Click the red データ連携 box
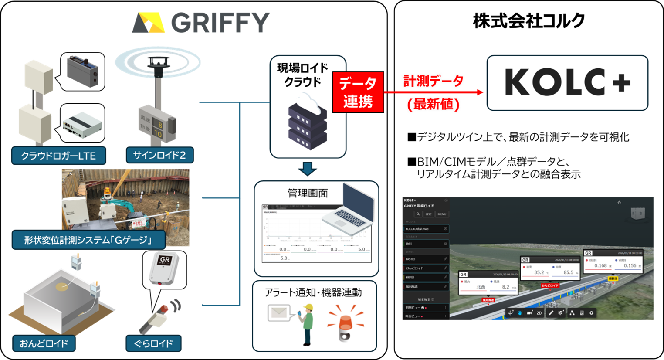(358, 92)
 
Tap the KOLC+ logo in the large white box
(567, 82)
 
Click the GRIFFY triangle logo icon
(149, 23)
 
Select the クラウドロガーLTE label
(58, 156)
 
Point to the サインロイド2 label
(159, 155)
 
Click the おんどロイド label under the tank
(44, 343)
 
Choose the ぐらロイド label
(153, 343)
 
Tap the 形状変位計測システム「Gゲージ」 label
(88, 240)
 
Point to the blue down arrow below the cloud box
(308, 169)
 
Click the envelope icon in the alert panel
(279, 312)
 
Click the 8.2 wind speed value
(505, 287)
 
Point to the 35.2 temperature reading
(539, 272)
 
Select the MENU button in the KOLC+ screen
(442, 214)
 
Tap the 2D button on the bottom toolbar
(539, 313)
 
